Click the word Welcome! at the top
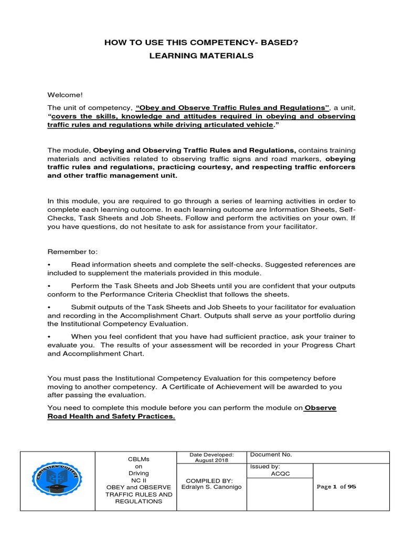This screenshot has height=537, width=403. point(65,94)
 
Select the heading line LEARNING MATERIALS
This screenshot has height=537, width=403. point(201,56)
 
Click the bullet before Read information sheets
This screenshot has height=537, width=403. point(49,265)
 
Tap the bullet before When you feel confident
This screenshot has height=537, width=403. point(49,336)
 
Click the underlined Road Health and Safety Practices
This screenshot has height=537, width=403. point(111,416)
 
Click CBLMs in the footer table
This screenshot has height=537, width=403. point(135,458)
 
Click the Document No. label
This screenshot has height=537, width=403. point(271,455)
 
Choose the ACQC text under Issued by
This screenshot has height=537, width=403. point(280,474)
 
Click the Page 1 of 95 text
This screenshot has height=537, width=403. point(337,487)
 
